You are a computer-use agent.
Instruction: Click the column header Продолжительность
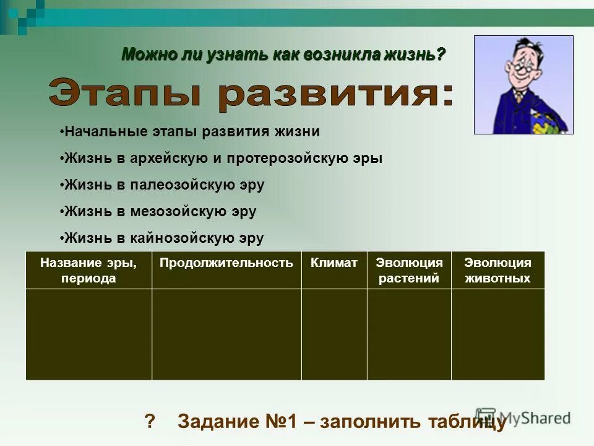coord(226,263)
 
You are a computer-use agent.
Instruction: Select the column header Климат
coord(334,263)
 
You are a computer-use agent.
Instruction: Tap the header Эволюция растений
coord(409,270)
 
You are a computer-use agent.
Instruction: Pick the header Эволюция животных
coord(497,270)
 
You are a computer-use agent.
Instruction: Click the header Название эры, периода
coord(88,270)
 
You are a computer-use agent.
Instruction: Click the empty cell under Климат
coord(334,334)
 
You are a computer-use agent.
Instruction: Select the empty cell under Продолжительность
coord(226,334)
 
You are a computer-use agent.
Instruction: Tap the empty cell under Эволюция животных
coord(497,334)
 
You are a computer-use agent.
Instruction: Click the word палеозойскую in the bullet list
coord(179,185)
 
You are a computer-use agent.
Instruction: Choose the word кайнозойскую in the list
coord(179,238)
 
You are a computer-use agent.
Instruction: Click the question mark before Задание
coord(148,422)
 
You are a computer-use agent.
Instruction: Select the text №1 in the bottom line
coord(281,422)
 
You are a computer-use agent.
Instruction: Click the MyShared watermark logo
coord(523,418)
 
